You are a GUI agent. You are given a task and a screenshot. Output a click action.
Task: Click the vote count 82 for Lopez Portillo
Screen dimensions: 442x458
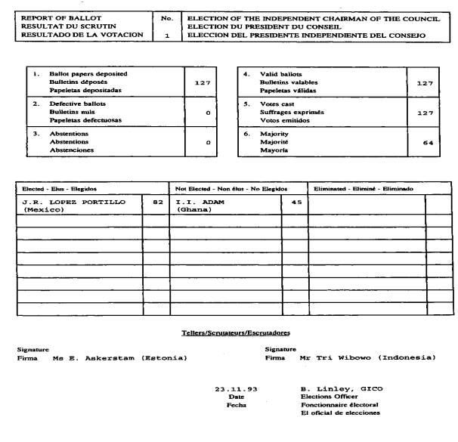[x=157, y=202]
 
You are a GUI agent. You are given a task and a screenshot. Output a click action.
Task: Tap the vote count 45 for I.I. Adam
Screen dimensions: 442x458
[x=295, y=202]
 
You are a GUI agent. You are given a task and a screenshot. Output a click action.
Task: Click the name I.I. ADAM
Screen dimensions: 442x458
[x=201, y=202]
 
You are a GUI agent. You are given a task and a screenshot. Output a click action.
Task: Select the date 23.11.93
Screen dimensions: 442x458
[x=237, y=388]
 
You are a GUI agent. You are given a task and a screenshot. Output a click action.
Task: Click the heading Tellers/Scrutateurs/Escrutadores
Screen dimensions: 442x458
[x=236, y=332]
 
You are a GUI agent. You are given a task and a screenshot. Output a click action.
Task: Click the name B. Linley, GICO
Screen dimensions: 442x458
[x=342, y=388]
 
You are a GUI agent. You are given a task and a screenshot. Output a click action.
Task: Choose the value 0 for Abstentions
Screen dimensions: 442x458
[x=207, y=142]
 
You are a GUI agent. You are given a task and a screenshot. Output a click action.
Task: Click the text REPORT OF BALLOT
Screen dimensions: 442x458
[x=51, y=17]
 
